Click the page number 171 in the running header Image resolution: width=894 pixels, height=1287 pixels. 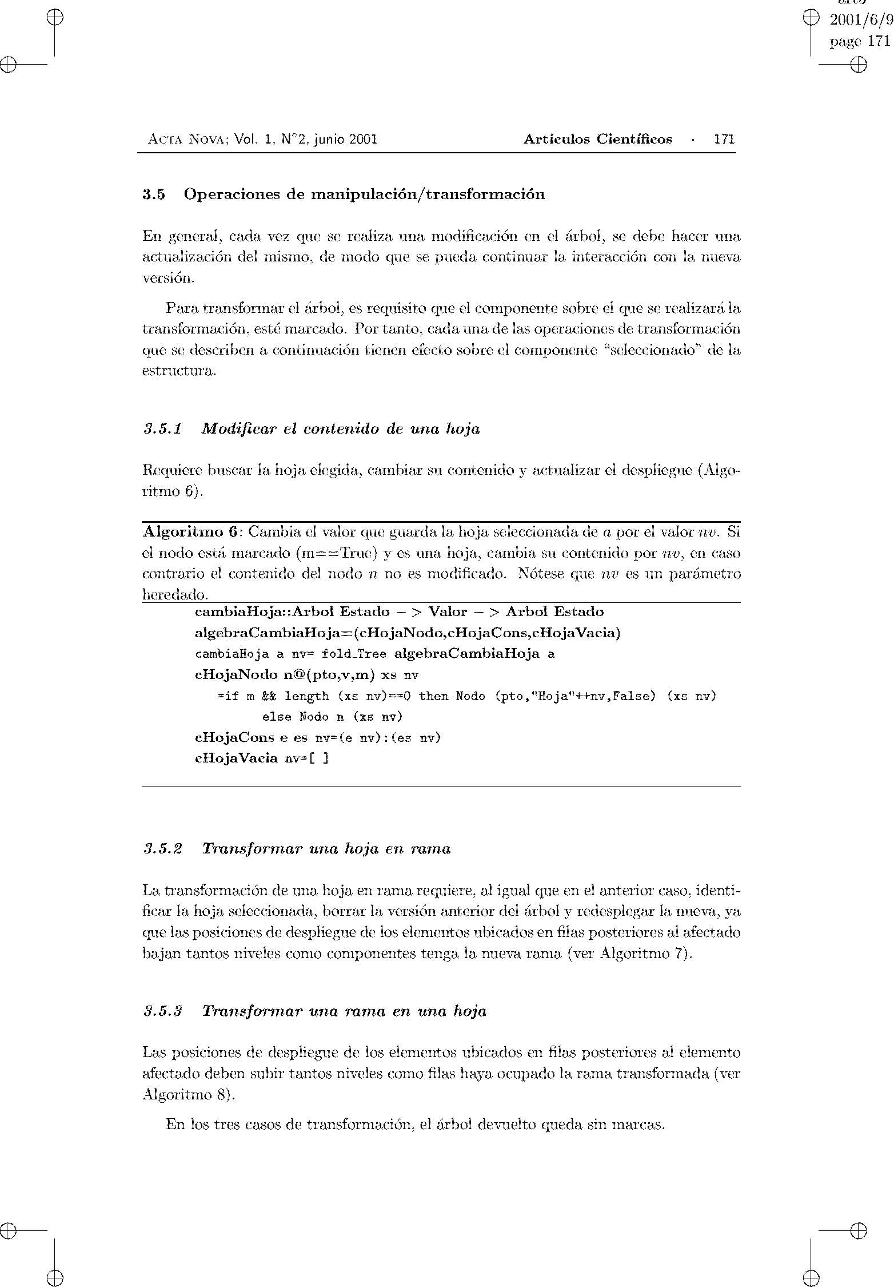[724, 139]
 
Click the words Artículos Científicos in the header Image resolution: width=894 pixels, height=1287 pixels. [597, 139]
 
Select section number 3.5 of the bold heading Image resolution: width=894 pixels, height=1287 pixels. [154, 194]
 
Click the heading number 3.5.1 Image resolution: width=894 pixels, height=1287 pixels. [162, 428]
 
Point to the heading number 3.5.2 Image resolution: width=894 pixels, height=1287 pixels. [163, 848]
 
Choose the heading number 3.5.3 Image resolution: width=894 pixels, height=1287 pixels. [163, 1011]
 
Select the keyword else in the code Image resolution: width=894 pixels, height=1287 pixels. [277, 717]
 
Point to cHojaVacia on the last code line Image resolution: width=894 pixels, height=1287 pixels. [236, 759]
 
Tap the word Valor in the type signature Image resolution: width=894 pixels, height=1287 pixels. [448, 612]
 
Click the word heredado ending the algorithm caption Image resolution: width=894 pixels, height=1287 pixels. [173, 595]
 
